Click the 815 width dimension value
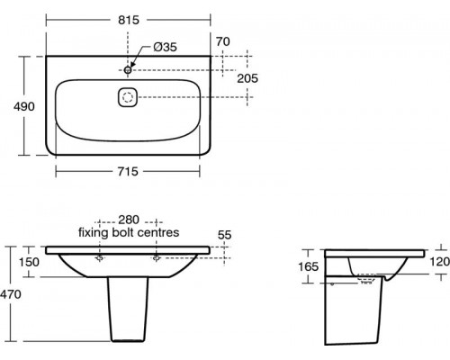[129, 20]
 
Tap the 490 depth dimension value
[24, 106]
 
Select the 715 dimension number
[128, 172]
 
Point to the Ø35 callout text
[165, 47]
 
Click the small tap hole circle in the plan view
[128, 70]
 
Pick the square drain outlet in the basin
[128, 97]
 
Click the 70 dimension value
[223, 41]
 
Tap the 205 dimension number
[247, 78]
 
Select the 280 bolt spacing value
[129, 220]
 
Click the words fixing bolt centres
[129, 232]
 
